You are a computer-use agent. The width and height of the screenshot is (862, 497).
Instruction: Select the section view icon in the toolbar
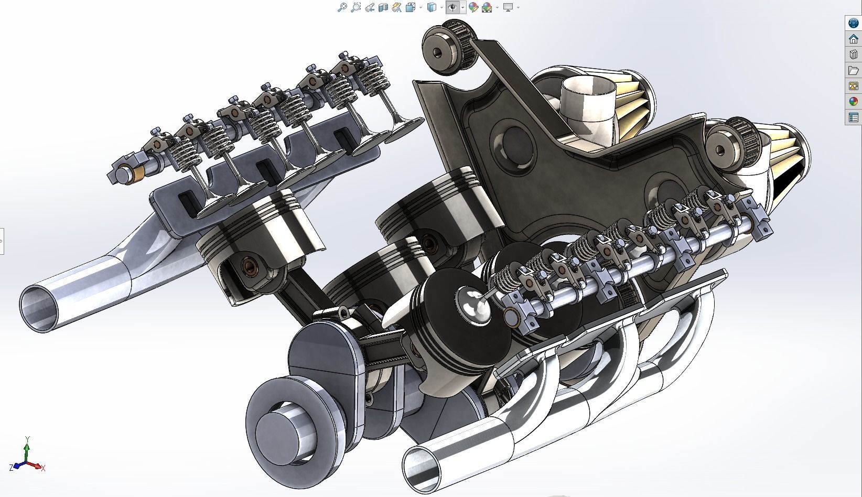[x=383, y=7]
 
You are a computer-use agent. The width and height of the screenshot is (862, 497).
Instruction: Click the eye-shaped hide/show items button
[x=452, y=7]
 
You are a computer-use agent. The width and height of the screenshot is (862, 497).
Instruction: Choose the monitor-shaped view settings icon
[x=508, y=7]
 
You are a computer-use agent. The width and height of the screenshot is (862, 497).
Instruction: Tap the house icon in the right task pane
[x=854, y=39]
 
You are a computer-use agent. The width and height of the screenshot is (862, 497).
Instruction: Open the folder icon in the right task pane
[x=854, y=70]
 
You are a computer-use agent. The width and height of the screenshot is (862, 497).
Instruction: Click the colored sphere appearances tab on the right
[x=854, y=102]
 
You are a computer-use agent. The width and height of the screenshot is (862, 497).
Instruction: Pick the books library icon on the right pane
[x=854, y=55]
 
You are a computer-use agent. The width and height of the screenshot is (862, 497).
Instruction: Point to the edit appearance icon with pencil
[x=473, y=7]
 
